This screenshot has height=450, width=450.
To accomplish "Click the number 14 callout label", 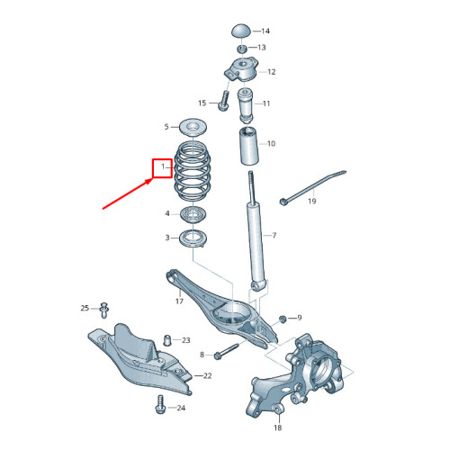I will point(265,31).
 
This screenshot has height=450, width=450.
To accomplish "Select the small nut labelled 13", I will point(241,47).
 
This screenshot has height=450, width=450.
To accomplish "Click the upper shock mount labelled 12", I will point(240,69).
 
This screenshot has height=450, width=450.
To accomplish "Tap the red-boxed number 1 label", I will point(162,167).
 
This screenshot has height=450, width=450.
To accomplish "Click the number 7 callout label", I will point(274,236).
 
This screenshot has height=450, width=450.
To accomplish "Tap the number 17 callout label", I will point(179,301).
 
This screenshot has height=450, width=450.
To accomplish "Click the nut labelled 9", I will point(283,319).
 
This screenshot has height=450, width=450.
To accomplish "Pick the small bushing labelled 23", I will point(167,340).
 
